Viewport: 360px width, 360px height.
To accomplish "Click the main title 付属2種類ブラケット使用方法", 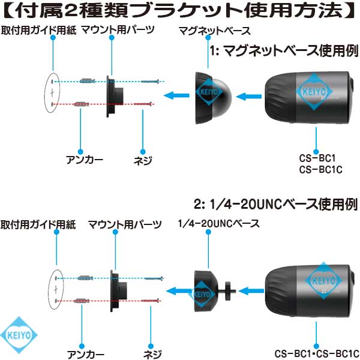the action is point(180,10).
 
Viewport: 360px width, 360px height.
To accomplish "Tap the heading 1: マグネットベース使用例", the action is point(284,51).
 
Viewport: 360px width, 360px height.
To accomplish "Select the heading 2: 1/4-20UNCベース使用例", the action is point(276,204).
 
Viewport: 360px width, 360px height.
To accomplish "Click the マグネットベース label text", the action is point(214,31).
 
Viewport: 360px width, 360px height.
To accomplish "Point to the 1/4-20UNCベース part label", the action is point(219,223).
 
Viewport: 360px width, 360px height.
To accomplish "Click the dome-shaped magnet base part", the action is point(213,98).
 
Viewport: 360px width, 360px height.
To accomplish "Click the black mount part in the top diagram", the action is point(115,97).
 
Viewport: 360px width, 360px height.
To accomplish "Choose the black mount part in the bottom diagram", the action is point(118,291).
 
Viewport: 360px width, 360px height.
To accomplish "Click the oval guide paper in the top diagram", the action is point(52,93).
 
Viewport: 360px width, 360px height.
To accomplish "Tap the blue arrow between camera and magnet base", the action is point(248,97).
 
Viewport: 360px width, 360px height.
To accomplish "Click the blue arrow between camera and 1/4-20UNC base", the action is point(251,291).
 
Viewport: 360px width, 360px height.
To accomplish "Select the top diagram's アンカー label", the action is point(85,160).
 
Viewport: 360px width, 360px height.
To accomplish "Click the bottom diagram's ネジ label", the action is point(152,354).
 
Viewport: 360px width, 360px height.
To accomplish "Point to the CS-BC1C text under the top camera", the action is point(321,170).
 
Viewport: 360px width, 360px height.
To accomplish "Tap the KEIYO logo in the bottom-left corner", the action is point(19,335).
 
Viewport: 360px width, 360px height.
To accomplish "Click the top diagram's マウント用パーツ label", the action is point(118,30).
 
